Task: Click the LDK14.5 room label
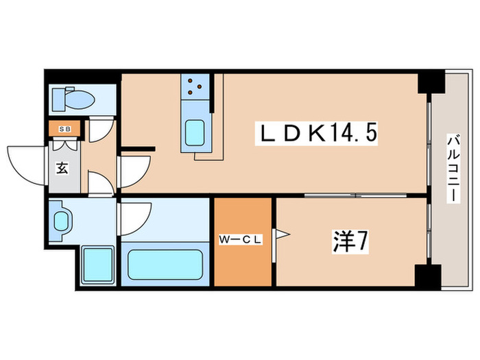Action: pyautogui.click(x=316, y=133)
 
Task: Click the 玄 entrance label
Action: pyautogui.click(x=62, y=169)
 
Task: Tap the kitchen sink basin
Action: pyautogui.click(x=197, y=132)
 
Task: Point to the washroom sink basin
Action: pyautogui.click(x=62, y=221)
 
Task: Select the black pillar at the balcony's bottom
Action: pyautogui.click(x=428, y=276)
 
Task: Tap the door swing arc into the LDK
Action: pyautogui.click(x=134, y=171)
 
